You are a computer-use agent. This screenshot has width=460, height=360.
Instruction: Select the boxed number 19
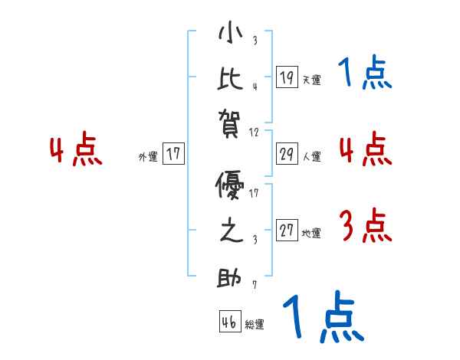287,77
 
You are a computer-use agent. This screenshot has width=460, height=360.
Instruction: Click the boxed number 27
287,231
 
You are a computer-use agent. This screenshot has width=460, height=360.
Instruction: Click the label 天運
311,80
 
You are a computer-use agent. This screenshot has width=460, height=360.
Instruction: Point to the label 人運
311,156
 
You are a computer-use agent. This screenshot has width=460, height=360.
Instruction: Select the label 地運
311,234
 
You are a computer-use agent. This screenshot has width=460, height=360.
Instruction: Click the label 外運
148,156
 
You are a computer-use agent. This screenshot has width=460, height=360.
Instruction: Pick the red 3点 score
365,227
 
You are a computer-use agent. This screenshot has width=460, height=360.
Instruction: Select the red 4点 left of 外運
76,150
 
